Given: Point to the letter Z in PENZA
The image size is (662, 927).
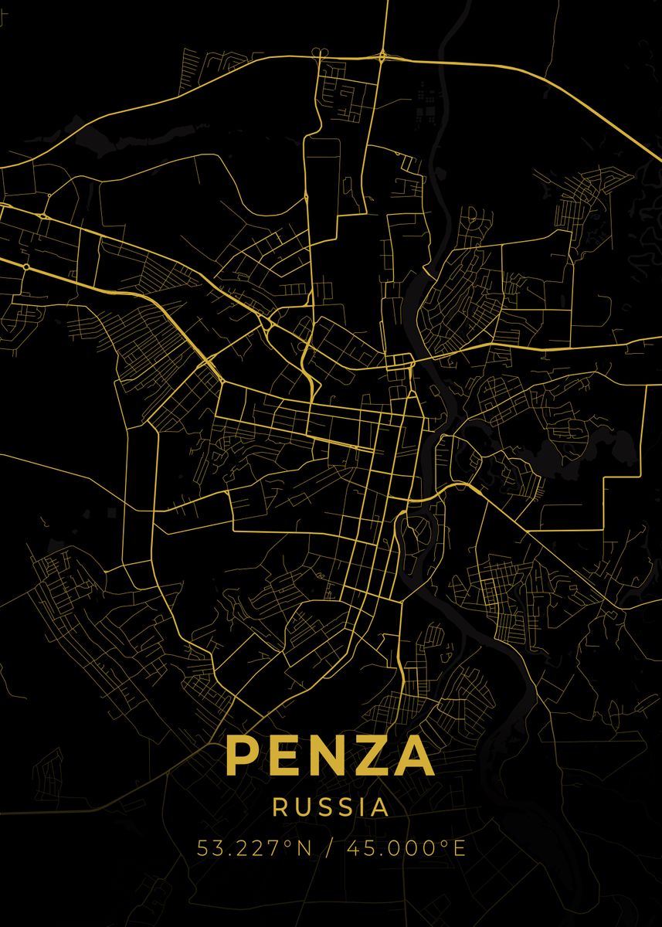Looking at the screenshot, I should pos(376,756).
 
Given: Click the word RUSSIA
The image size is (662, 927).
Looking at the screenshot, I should pos(331,807).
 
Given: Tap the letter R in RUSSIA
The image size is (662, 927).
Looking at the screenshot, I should pos(280,807).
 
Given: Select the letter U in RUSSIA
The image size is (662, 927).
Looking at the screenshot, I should pos(304,807).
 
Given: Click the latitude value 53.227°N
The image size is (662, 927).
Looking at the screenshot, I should pos(253,848).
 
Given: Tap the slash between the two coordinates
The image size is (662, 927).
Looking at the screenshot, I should pos(330,848).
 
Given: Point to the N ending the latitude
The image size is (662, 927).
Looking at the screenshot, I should pos(304,848).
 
